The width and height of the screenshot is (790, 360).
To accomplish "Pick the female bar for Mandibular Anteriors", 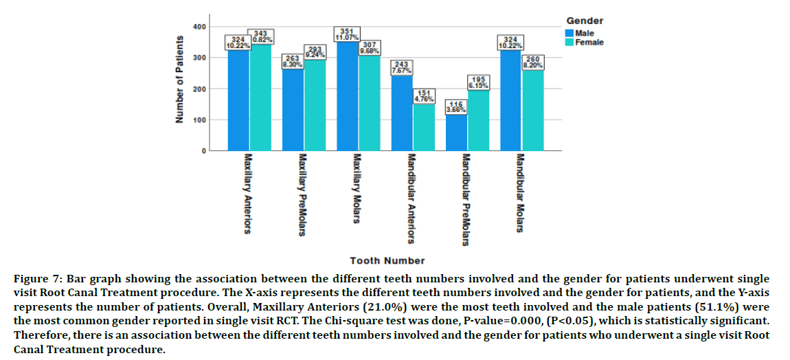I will [x=425, y=127].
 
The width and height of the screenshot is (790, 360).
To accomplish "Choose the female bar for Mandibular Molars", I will [x=533, y=111].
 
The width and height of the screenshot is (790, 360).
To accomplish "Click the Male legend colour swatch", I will [x=569, y=32].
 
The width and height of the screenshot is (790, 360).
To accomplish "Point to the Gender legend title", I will [x=585, y=21].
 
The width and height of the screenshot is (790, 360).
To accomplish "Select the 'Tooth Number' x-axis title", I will [x=387, y=260].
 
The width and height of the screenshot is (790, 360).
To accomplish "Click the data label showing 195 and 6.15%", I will [x=479, y=83].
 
